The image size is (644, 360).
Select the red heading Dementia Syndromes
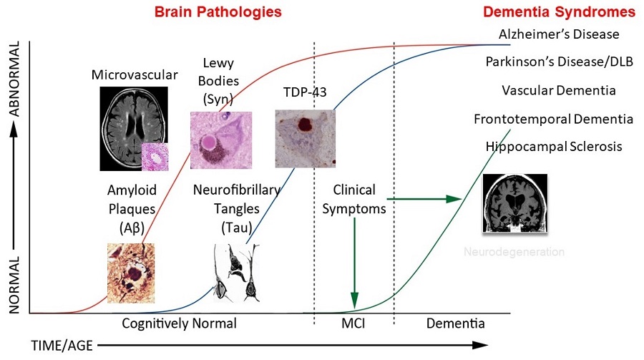560,11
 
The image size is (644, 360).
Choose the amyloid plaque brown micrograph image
131,273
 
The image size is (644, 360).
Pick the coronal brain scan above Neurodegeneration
515,204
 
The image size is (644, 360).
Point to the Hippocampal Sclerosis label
554,147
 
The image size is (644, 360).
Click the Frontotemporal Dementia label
553,119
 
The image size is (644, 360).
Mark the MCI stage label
354,323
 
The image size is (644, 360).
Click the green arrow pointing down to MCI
354,265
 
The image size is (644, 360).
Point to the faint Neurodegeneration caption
514,252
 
